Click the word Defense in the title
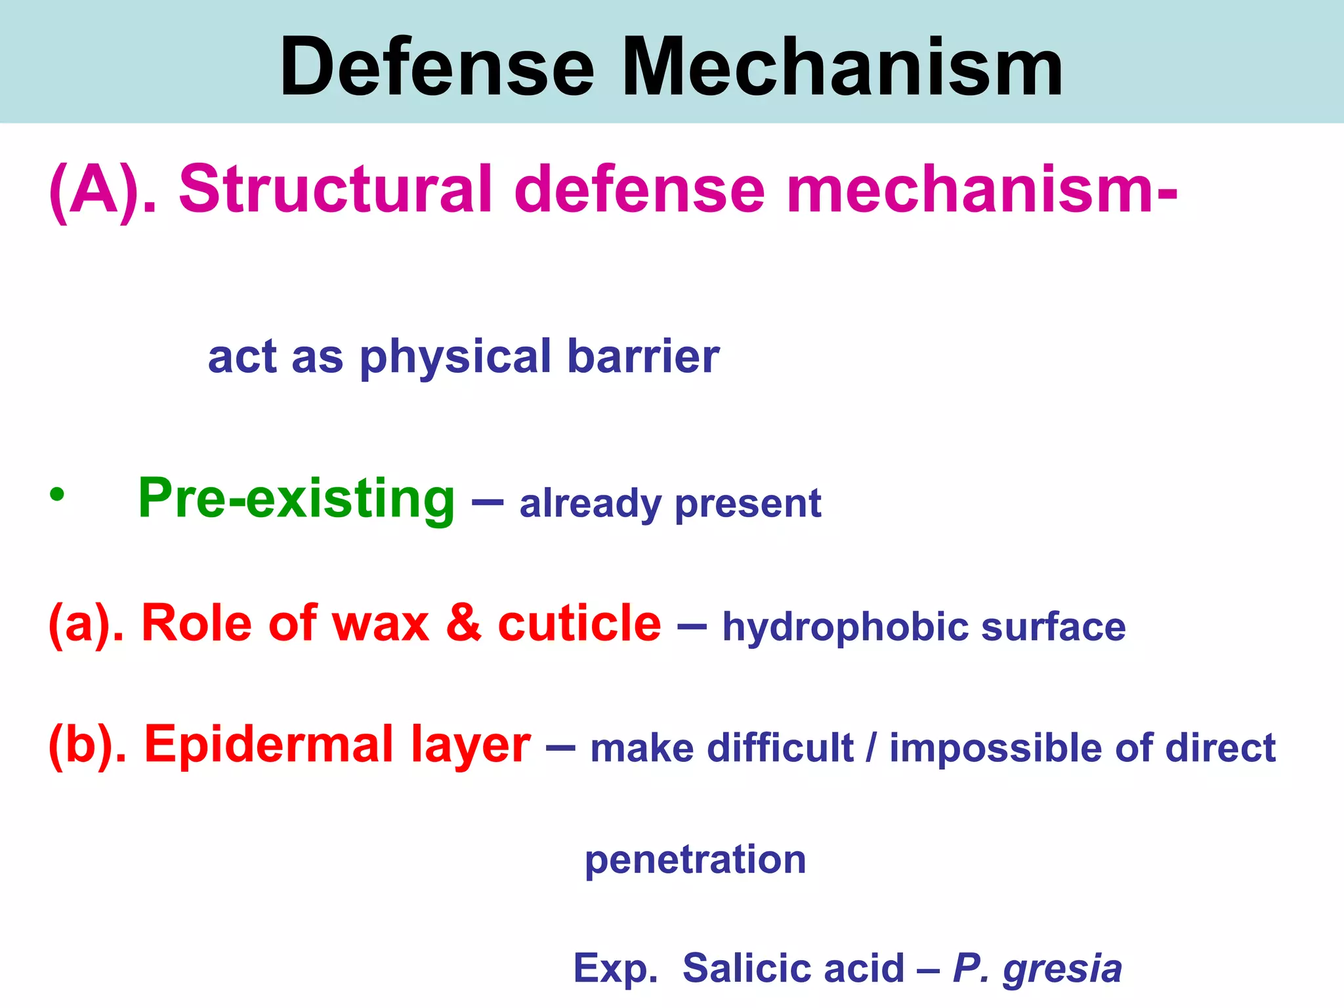pos(436,68)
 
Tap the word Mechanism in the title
pos(842,68)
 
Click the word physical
pos(455,358)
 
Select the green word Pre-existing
pos(296,499)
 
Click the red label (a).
pos(85,623)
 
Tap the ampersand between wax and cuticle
pos(463,622)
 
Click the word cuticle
pos(579,622)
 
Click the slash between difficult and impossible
pos(871,748)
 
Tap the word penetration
pos(695,860)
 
